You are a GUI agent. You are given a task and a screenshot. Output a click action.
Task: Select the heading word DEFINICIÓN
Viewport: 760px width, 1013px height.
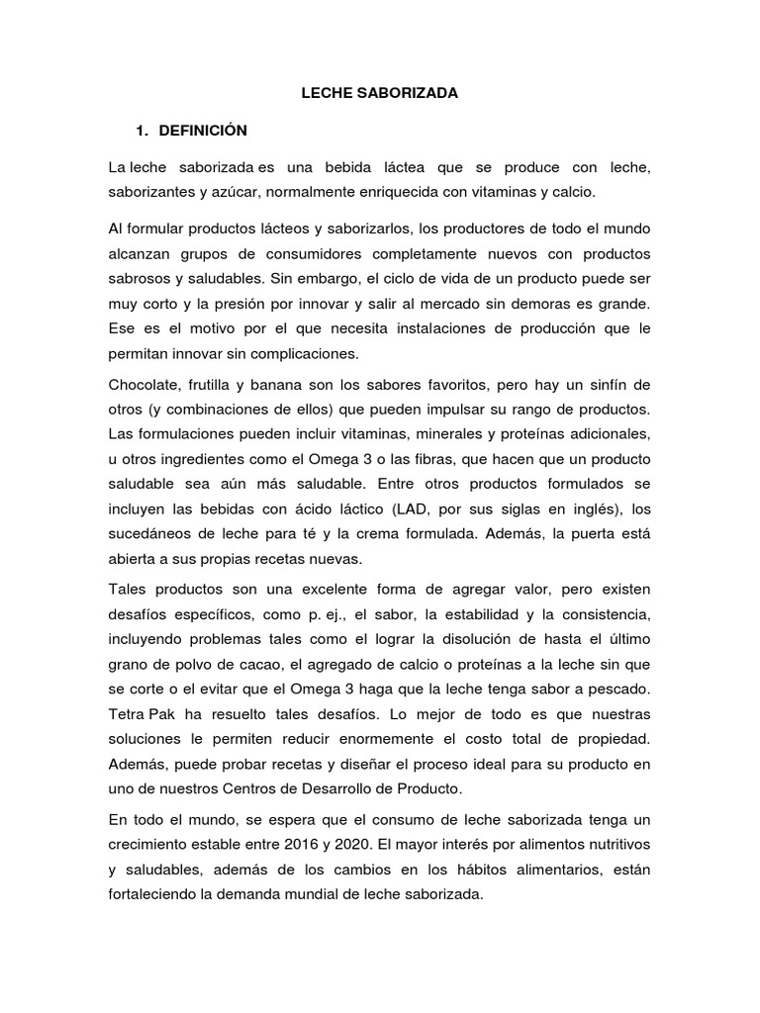pos(202,131)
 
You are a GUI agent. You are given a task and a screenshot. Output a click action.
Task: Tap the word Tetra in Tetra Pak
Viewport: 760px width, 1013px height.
pos(127,713)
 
